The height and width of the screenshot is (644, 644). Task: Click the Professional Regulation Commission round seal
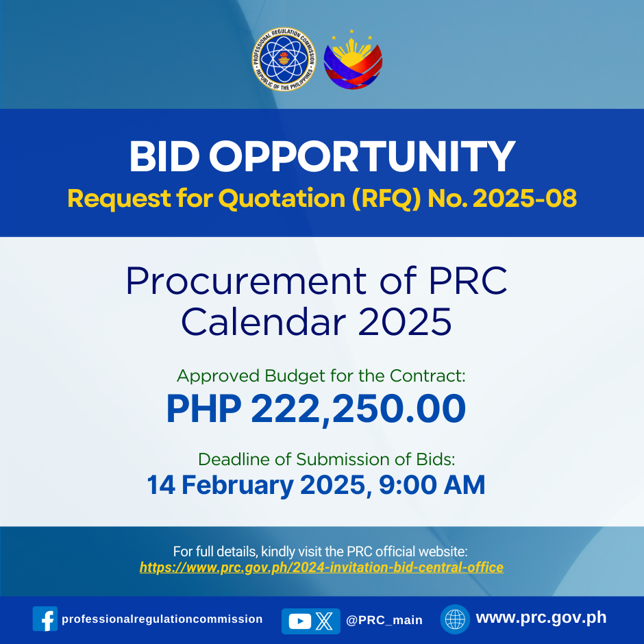click(284, 59)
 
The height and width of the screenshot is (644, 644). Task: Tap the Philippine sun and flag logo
click(353, 60)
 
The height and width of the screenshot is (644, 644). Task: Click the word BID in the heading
click(164, 157)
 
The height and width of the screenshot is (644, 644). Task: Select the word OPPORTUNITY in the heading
click(362, 157)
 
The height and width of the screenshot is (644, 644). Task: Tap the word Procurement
click(246, 281)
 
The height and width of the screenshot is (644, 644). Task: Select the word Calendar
click(263, 321)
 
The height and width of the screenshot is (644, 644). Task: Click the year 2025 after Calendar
click(404, 321)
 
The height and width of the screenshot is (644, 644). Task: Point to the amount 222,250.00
click(358, 409)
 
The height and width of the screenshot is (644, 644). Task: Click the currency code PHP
click(203, 408)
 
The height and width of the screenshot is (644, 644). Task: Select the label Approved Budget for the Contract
click(321, 376)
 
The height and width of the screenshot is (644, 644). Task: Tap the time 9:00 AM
click(432, 484)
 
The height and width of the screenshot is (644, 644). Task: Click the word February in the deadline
click(238, 486)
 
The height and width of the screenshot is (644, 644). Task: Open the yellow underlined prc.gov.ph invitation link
click(321, 567)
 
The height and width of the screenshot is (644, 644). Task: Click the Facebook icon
click(45, 619)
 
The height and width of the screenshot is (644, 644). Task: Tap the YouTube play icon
click(300, 621)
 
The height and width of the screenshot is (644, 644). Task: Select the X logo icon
click(324, 621)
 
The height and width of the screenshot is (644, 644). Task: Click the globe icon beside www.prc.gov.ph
click(455, 619)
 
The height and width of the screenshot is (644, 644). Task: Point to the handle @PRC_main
click(384, 620)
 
